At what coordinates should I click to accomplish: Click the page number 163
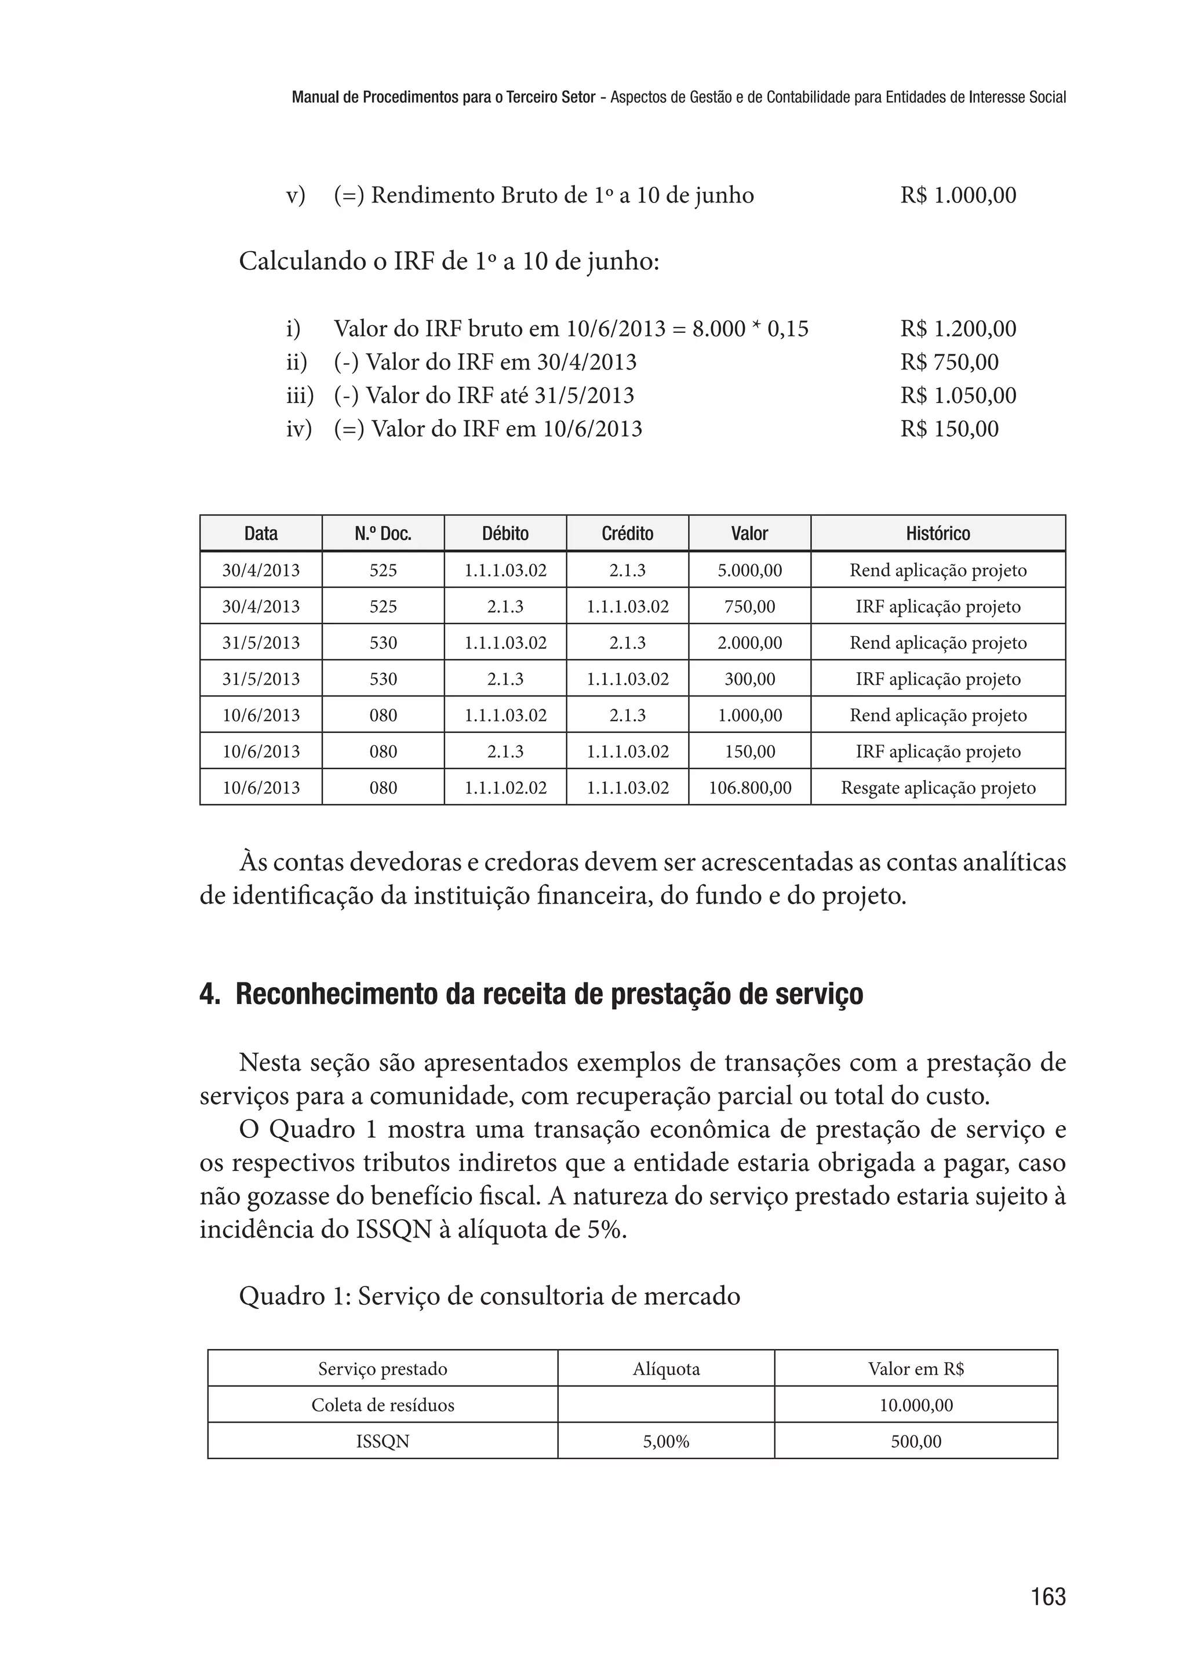pos(1047,1597)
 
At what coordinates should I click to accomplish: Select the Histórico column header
pos(937,533)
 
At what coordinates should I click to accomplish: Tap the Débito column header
pos(505,533)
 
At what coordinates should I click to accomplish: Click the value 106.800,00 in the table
pos(749,788)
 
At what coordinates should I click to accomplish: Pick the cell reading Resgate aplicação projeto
pos(937,788)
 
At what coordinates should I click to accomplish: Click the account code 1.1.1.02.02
pos(505,788)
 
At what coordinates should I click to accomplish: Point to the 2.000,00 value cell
pos(749,643)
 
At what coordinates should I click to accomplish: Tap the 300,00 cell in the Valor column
pos(749,679)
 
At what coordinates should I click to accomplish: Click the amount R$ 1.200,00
pos(957,329)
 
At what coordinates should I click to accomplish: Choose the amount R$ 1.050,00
pos(957,396)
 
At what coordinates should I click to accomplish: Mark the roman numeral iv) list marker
pos(298,429)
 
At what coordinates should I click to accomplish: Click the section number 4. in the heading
pos(210,995)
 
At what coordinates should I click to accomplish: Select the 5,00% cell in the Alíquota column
pos(666,1442)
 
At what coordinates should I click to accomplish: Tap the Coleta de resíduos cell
pos(383,1405)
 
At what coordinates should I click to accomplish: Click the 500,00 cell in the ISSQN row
pos(916,1442)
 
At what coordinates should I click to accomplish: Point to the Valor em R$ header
pos(916,1369)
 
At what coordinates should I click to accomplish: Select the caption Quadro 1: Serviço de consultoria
pos(489,1297)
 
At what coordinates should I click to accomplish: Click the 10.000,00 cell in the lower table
pos(916,1405)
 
